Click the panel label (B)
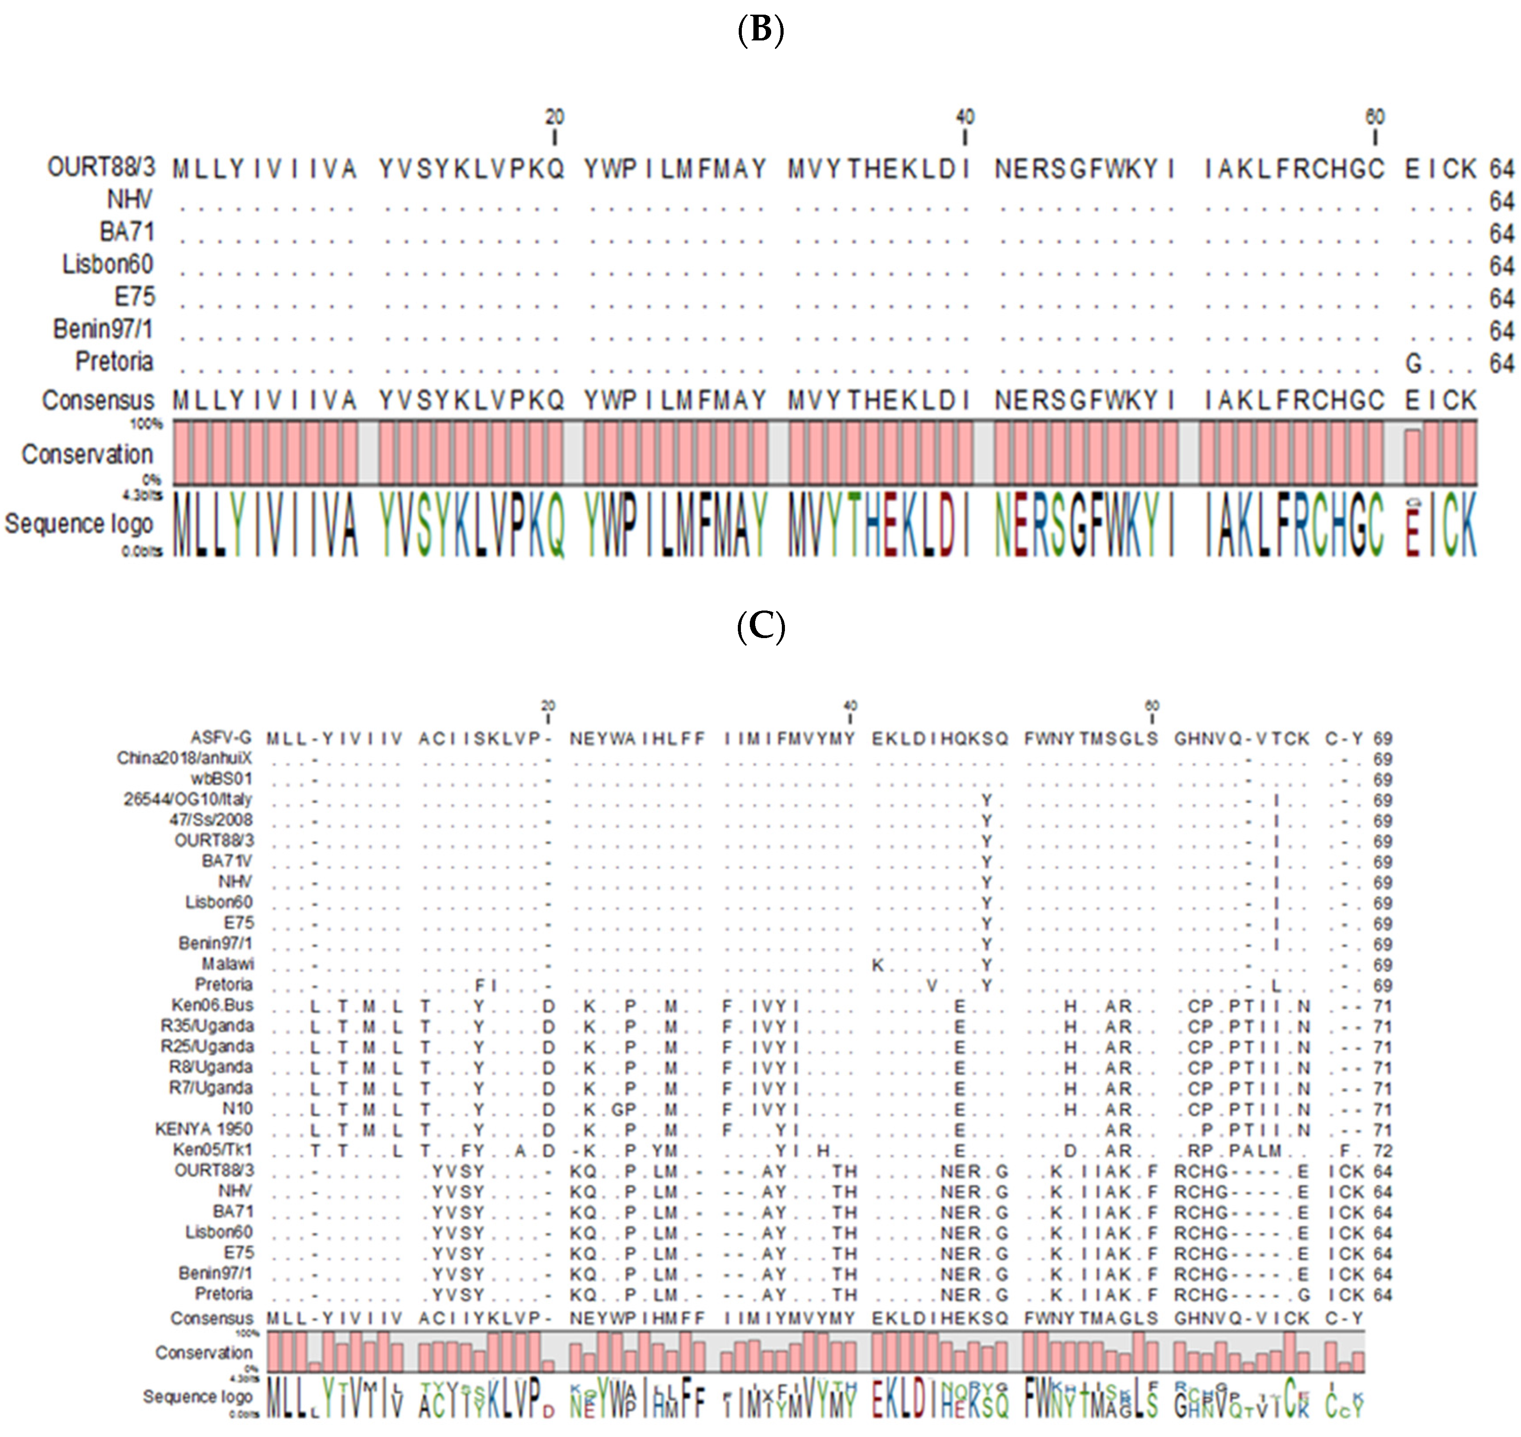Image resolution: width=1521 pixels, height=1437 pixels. (x=760, y=31)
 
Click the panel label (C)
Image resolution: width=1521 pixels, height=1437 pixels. (x=760, y=627)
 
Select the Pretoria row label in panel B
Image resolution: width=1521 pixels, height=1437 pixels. (x=114, y=362)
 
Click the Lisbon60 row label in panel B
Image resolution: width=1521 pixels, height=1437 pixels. (x=108, y=265)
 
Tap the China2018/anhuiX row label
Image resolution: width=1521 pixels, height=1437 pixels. (x=184, y=758)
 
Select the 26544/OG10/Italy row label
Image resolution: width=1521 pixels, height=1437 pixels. (x=188, y=800)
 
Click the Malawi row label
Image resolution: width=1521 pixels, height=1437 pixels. (x=228, y=964)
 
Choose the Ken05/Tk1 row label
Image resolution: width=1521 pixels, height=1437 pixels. (x=212, y=1150)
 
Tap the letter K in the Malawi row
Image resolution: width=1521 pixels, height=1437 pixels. (x=878, y=965)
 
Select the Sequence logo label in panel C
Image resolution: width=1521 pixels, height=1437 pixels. (x=198, y=1397)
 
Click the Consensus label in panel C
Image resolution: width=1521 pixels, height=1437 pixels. (x=212, y=1318)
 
